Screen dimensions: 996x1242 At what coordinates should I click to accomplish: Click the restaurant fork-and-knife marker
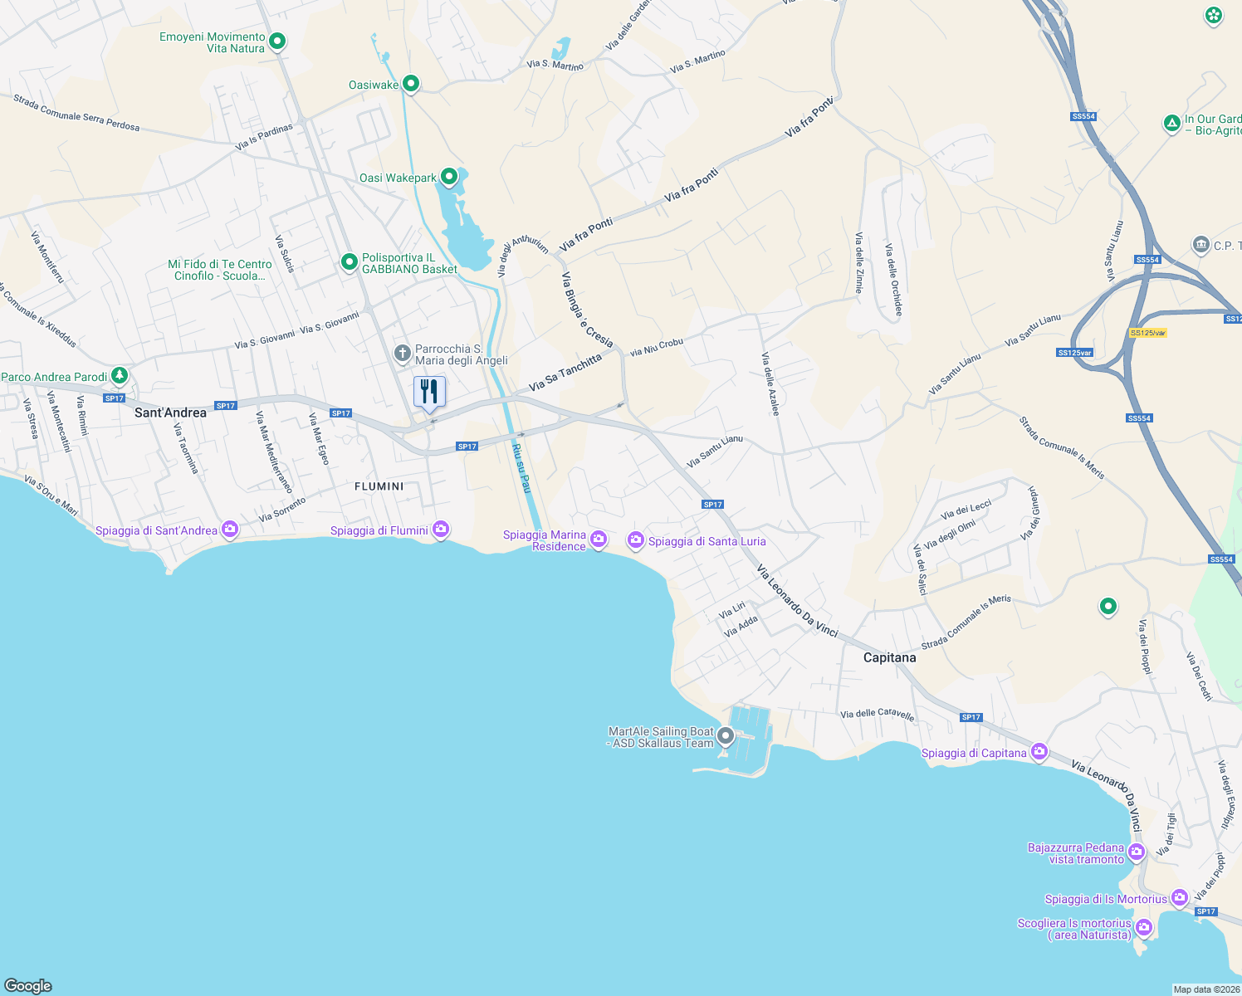click(429, 391)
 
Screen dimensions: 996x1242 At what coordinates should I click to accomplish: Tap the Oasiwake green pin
click(410, 84)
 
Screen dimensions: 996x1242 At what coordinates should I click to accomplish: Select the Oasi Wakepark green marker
click(449, 177)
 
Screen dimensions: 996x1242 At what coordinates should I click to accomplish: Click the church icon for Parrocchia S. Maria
click(403, 354)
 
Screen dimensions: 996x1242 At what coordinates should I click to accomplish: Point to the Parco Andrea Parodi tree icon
click(120, 376)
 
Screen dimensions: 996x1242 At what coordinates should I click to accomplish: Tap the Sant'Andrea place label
click(170, 413)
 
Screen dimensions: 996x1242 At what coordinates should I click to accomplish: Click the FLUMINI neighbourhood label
click(379, 486)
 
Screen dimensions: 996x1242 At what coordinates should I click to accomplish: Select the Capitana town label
click(889, 657)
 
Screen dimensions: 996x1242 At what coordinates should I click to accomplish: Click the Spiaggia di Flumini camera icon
click(441, 529)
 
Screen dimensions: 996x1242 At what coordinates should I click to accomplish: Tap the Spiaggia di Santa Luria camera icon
click(636, 540)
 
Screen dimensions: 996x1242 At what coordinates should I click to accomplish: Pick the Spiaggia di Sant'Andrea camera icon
click(230, 529)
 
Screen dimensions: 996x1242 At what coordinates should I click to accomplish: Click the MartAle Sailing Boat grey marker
click(726, 736)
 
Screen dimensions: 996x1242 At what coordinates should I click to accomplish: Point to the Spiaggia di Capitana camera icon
click(1039, 752)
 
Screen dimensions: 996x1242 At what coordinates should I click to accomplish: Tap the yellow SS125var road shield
click(1148, 333)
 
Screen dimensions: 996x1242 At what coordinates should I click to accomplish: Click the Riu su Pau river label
click(521, 468)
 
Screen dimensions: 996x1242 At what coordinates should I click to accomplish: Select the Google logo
click(28, 985)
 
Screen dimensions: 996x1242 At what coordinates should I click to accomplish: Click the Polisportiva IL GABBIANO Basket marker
click(350, 262)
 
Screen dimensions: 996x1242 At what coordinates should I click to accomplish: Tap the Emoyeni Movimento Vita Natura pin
click(278, 41)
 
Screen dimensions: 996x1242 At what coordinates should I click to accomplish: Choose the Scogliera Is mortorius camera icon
click(1144, 927)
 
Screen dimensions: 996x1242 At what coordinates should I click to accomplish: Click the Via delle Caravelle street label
click(877, 714)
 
